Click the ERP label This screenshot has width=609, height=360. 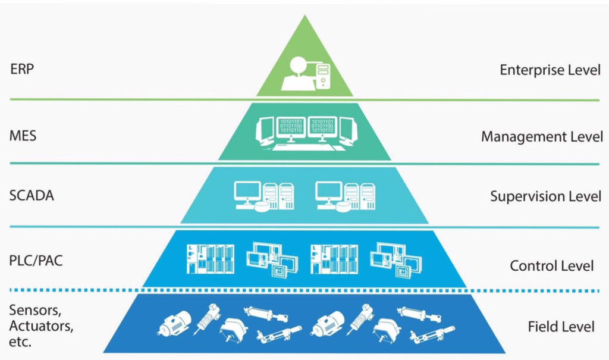[x=22, y=68]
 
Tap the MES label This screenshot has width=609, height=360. [x=23, y=136]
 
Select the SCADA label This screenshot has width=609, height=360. [x=32, y=195]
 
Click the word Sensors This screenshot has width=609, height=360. [x=34, y=310]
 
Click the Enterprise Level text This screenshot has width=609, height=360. [x=550, y=70]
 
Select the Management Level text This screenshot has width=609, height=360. [x=542, y=137]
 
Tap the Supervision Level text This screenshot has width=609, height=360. [x=545, y=196]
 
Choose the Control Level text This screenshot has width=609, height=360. [x=551, y=265]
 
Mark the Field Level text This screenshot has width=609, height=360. [x=561, y=327]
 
